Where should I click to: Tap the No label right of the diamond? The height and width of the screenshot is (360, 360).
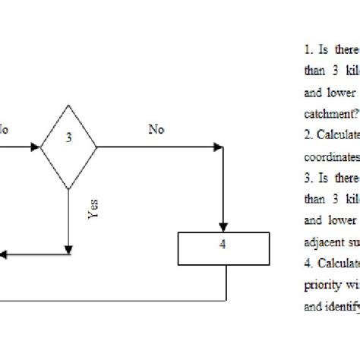156,129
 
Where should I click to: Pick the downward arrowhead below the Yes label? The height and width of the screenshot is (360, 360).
69,229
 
